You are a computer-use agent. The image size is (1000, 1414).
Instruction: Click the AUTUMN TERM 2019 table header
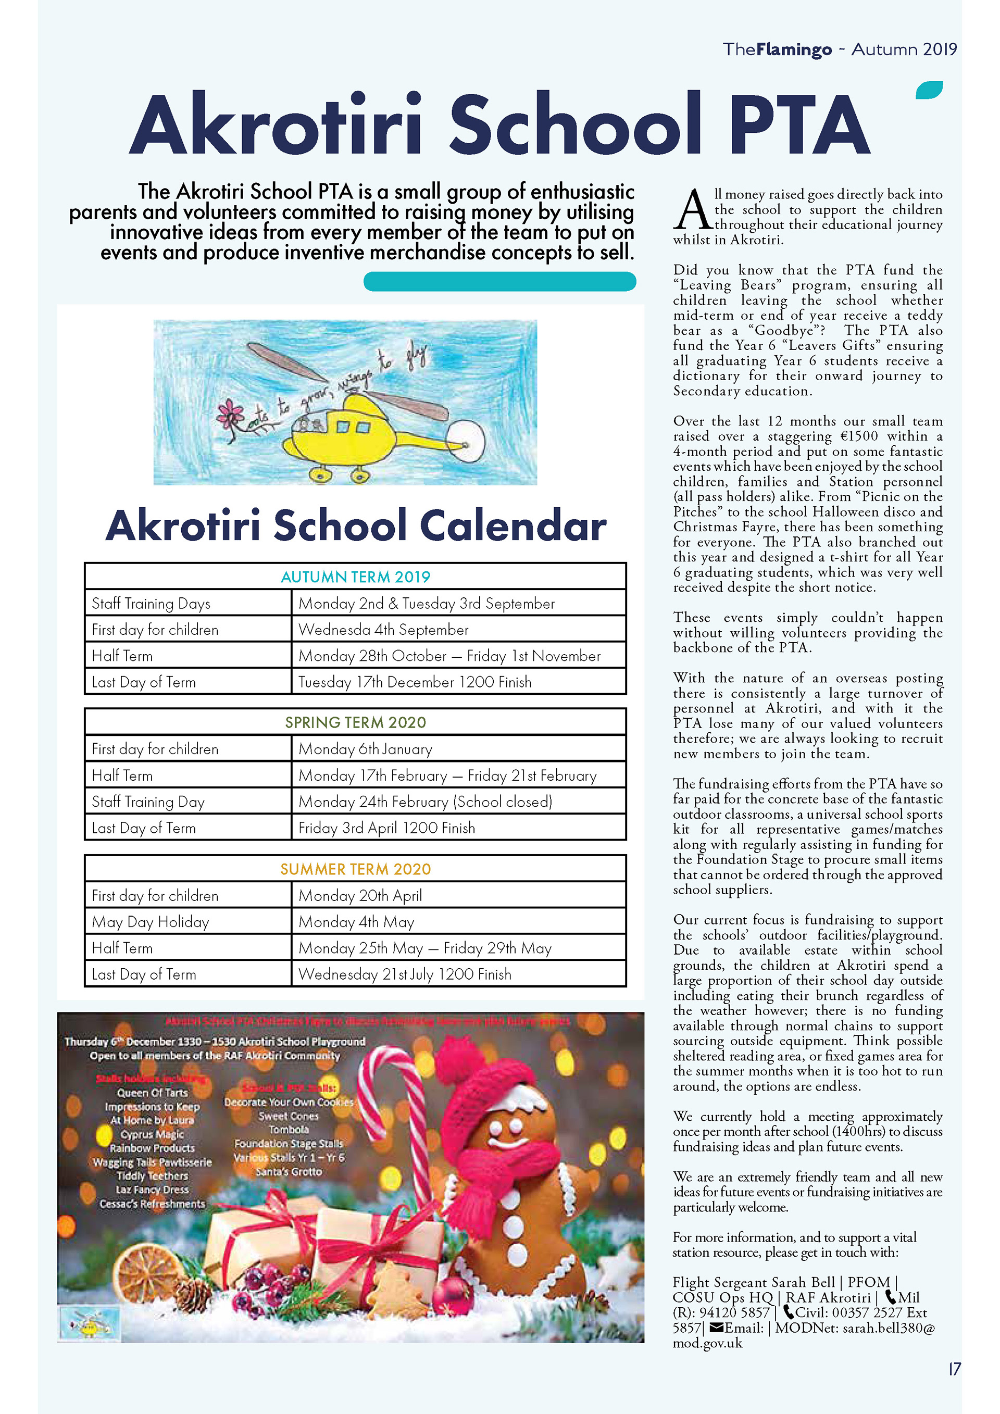coord(355,577)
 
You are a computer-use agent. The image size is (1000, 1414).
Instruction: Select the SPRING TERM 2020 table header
coord(355,722)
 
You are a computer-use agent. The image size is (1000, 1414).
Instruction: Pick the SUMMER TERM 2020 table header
coord(355,869)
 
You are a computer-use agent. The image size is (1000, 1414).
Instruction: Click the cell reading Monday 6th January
coord(365,749)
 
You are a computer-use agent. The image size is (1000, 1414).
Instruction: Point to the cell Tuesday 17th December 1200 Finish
coord(415,682)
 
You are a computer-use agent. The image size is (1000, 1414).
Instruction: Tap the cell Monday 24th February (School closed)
coord(425,802)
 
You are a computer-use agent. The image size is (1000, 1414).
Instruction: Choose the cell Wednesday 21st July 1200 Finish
coord(405,974)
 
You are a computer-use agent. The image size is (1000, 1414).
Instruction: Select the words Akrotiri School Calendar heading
coord(356,525)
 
